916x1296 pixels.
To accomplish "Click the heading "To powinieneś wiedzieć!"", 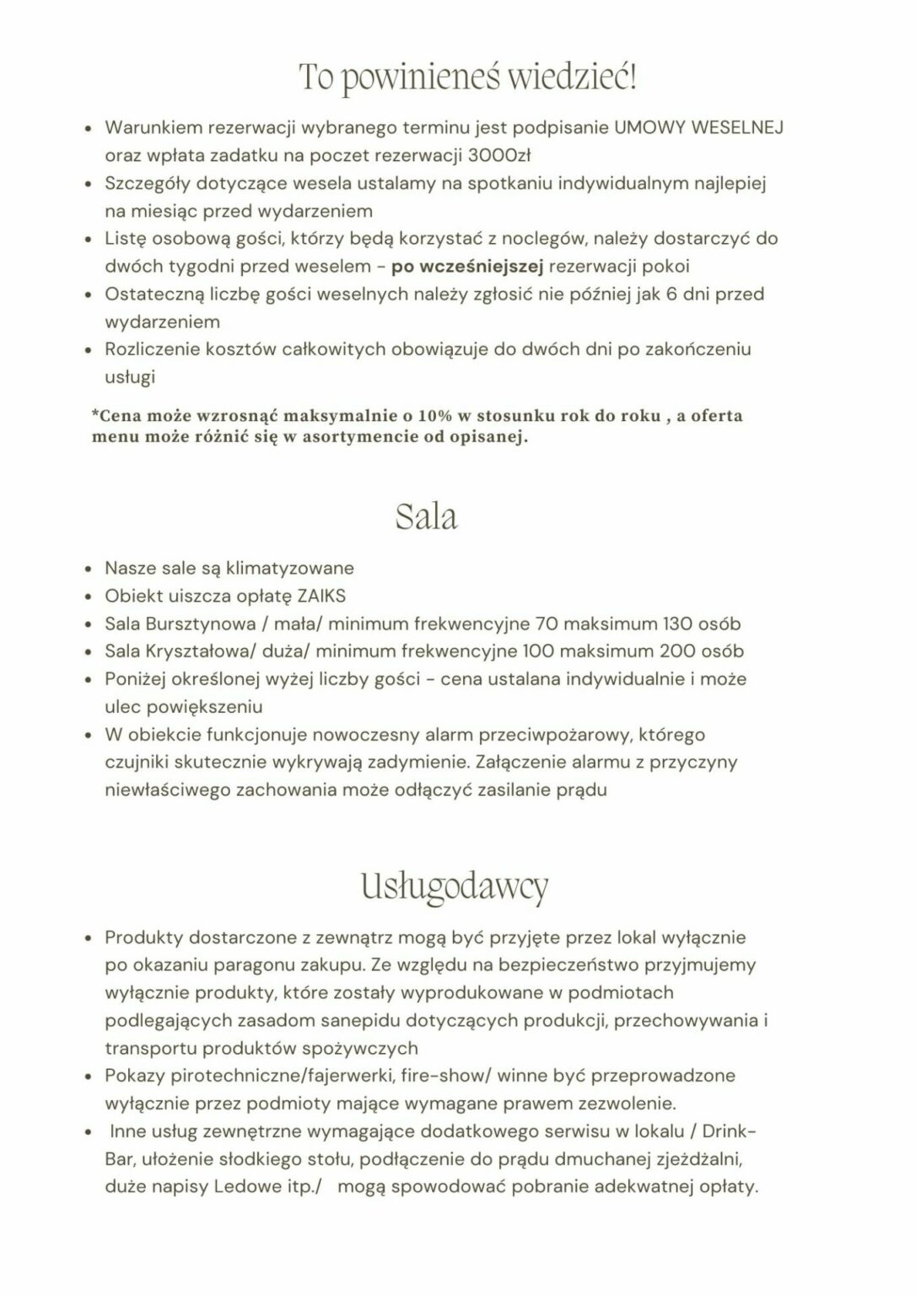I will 468,78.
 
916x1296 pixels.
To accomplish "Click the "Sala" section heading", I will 426,516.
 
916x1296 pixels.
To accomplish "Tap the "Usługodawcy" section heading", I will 455,886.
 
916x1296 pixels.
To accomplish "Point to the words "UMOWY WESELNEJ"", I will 698,127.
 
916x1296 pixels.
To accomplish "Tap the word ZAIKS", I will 321,596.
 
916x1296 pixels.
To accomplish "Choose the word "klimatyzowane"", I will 290,568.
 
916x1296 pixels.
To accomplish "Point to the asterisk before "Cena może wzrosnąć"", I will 94,414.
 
